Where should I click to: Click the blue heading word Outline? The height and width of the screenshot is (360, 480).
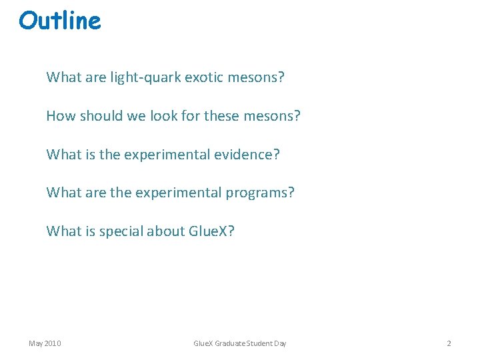pos(60,21)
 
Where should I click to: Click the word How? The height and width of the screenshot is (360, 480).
pos(61,116)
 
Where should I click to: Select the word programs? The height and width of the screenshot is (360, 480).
pos(259,193)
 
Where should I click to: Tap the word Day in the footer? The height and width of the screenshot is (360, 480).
pos(281,343)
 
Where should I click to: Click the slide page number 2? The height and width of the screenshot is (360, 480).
pos(449,343)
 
